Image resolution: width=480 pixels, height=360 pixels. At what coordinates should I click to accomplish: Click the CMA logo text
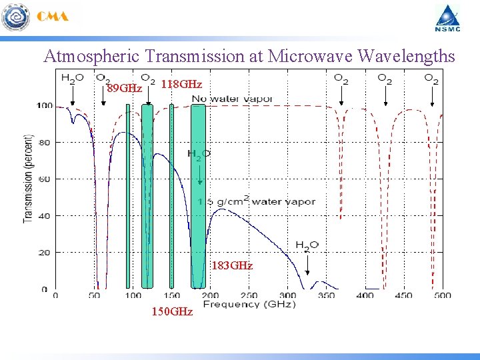pyautogui.click(x=53, y=17)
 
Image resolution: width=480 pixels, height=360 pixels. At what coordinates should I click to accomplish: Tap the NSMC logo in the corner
pyautogui.click(x=448, y=18)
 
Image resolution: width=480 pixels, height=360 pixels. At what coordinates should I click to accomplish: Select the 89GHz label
pyautogui.click(x=125, y=88)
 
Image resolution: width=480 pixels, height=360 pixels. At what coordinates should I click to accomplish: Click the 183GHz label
pyautogui.click(x=232, y=265)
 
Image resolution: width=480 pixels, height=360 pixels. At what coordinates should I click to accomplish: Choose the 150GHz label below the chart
pyautogui.click(x=172, y=311)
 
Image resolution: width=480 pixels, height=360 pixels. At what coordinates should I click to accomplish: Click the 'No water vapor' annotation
pyautogui.click(x=232, y=99)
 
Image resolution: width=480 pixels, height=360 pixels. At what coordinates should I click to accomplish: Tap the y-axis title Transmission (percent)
pyautogui.click(x=28, y=179)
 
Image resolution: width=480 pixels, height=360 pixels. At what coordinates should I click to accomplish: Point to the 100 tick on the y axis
pyautogui.click(x=45, y=105)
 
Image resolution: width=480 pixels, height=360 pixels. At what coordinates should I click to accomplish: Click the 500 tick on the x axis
pyautogui.click(x=443, y=295)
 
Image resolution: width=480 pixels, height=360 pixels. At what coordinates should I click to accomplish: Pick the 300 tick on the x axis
pyautogui.click(x=287, y=295)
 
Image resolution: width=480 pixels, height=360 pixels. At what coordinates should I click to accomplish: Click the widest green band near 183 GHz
pyautogui.click(x=198, y=197)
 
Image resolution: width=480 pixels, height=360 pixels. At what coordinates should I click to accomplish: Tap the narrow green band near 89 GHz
pyautogui.click(x=127, y=197)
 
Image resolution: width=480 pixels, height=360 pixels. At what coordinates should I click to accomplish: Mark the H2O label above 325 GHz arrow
pyautogui.click(x=307, y=245)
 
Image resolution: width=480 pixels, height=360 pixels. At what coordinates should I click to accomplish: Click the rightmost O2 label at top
pyautogui.click(x=431, y=79)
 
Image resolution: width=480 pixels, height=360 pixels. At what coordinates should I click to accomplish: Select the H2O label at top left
pyautogui.click(x=72, y=77)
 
